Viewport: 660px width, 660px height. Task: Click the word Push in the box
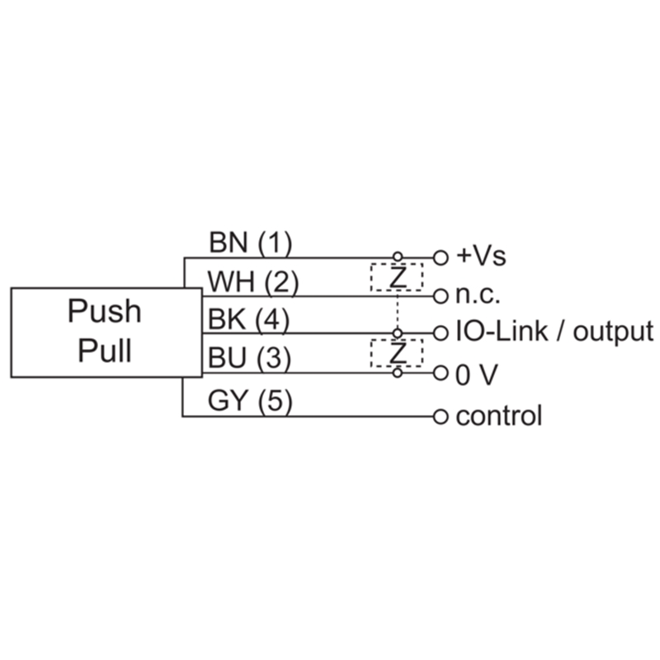(x=105, y=312)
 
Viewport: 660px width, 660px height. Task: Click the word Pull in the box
(x=105, y=351)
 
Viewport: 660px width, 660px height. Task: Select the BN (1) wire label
(x=250, y=243)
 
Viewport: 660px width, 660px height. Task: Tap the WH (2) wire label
(x=253, y=282)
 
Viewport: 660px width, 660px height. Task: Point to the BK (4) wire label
(x=249, y=319)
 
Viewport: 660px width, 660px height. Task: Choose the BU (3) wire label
(x=249, y=358)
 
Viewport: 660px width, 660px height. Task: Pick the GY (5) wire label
(x=250, y=400)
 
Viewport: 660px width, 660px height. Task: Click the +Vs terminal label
(x=481, y=256)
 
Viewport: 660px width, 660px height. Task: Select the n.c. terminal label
(x=478, y=295)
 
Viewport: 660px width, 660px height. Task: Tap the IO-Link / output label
(x=554, y=332)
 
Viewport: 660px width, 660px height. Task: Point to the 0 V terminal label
(x=477, y=375)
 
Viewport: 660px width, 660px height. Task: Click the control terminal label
(x=499, y=416)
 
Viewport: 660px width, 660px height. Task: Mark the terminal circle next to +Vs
(x=441, y=257)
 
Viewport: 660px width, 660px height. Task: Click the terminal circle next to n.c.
(x=441, y=296)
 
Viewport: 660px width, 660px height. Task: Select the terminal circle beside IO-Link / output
(x=441, y=333)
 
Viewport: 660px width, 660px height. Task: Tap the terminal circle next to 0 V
(x=441, y=373)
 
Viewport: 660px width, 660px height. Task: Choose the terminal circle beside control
(x=441, y=417)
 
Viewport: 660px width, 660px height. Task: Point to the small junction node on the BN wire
(x=398, y=257)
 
